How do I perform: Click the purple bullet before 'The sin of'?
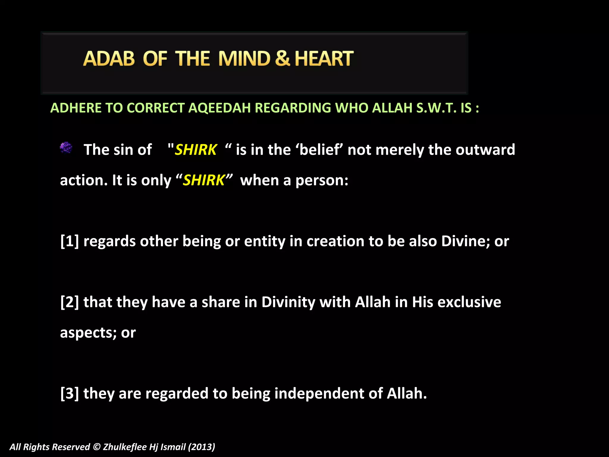point(66,148)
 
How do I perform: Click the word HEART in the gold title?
point(324,59)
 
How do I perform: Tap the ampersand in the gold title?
point(282,59)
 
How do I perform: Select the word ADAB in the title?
point(109,59)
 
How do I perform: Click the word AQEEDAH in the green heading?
point(219,108)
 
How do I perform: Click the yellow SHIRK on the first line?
point(196,150)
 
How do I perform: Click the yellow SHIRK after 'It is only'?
point(204,180)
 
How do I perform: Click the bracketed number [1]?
point(70,241)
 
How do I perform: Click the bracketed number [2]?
point(70,302)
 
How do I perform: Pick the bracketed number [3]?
point(70,393)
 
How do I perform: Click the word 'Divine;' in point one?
point(465,241)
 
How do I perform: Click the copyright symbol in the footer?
point(97,447)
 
